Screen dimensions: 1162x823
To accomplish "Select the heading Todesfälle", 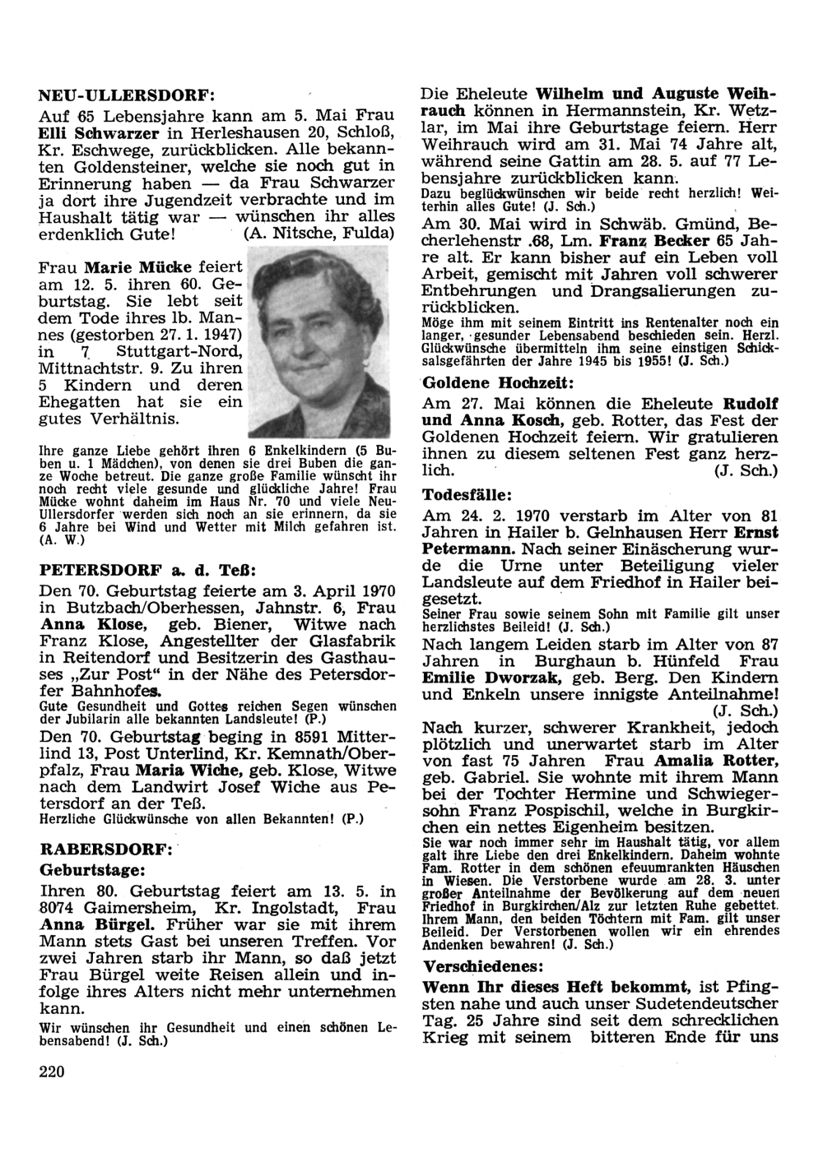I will (468, 494).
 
